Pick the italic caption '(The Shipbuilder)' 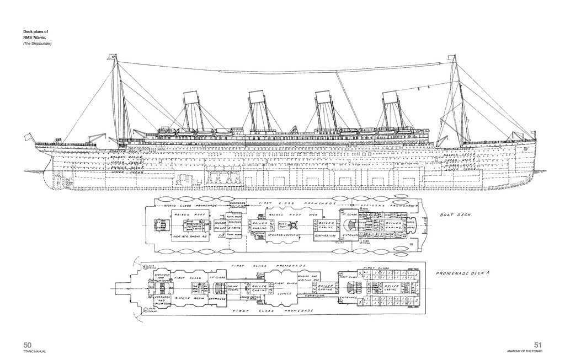click(38, 43)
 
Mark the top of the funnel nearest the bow click(391, 94)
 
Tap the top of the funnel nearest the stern click(191, 94)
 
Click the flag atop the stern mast click(113, 56)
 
